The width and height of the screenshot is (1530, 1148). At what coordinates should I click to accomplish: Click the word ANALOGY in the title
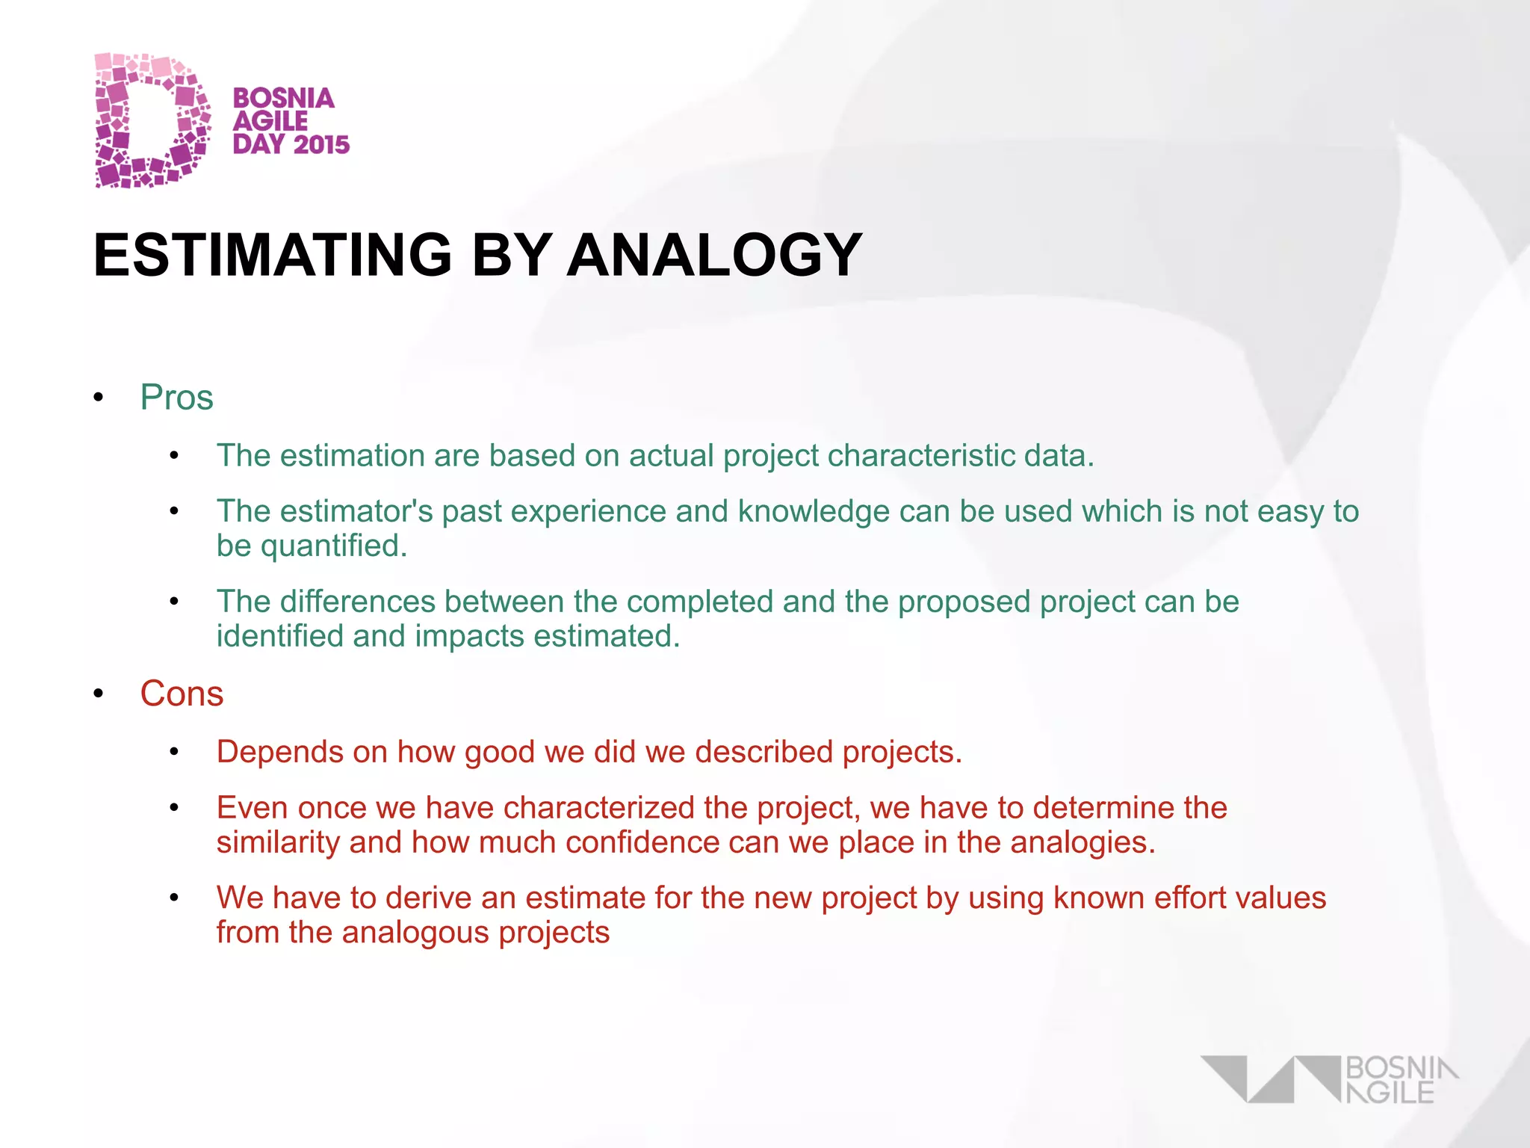click(x=714, y=256)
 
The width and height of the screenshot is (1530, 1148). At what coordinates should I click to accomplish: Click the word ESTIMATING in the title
click(x=273, y=256)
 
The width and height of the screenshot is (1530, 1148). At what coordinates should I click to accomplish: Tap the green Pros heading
click(x=176, y=398)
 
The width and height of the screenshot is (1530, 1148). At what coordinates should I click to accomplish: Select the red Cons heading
click(x=182, y=694)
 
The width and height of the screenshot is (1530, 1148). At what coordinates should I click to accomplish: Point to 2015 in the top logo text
click(x=322, y=144)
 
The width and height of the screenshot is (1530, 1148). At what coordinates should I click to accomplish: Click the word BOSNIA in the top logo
click(x=284, y=98)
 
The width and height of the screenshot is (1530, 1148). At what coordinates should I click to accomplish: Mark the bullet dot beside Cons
click(x=99, y=694)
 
